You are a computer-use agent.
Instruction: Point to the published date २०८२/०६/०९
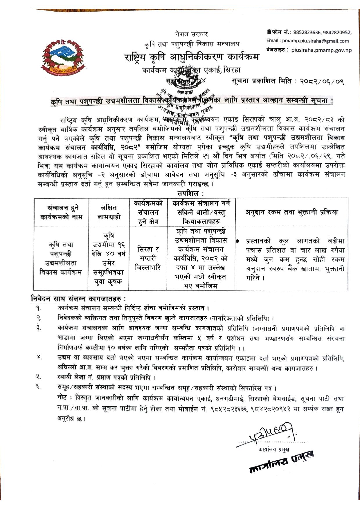coord(322,82)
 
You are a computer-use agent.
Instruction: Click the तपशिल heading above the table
coord(190,193)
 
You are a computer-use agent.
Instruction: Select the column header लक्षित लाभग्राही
coord(109,212)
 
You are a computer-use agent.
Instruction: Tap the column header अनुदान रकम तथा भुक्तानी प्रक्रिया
coord(291,212)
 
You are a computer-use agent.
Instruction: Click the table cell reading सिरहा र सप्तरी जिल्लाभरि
coord(148,258)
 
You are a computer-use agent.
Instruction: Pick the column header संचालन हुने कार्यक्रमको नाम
coord(61,212)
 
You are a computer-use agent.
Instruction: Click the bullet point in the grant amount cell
coord(238,241)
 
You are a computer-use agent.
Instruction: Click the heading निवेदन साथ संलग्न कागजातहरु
coord(78,298)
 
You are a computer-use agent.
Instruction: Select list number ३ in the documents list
coord(39,328)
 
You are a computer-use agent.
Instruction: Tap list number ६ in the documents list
coord(39,387)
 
